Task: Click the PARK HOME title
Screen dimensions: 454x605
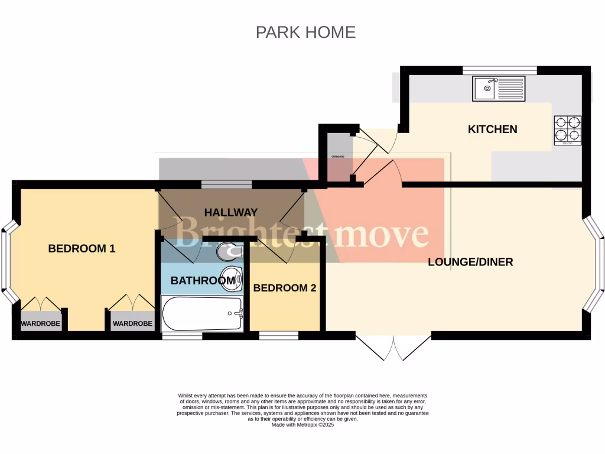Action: (x=305, y=32)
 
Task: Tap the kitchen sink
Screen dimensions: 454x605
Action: (x=499, y=89)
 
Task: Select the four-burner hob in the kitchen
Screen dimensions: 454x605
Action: (x=567, y=131)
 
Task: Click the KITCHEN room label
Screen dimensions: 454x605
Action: (x=492, y=129)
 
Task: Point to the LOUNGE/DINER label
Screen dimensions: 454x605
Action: (x=470, y=262)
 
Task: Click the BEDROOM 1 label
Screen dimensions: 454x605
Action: (x=82, y=249)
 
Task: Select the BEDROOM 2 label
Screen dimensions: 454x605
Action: (x=285, y=288)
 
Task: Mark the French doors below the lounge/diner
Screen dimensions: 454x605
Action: (x=393, y=348)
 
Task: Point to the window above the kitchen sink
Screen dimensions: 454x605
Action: (x=499, y=70)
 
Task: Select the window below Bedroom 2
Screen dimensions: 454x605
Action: (x=278, y=336)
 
